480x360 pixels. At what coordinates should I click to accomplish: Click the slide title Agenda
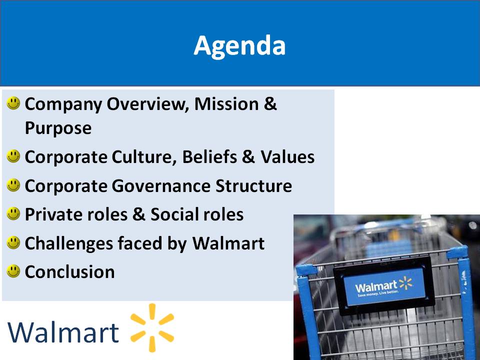click(x=239, y=46)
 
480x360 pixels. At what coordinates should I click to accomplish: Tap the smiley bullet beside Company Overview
click(x=13, y=103)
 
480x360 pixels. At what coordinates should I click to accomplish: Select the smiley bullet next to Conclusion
click(x=13, y=271)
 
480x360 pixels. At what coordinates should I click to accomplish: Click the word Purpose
click(x=58, y=128)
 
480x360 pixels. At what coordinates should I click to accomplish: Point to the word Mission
click(x=226, y=104)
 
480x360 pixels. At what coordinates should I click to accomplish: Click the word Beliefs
click(x=209, y=156)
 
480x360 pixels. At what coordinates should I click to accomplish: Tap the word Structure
click(x=254, y=186)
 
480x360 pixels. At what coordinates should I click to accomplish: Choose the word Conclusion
click(x=70, y=272)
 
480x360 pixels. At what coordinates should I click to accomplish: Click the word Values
click(x=287, y=156)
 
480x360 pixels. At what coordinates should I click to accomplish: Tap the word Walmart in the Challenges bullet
click(x=228, y=243)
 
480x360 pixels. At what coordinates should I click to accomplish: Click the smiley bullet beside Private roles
click(x=13, y=213)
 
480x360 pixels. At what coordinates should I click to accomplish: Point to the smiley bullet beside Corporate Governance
click(x=13, y=185)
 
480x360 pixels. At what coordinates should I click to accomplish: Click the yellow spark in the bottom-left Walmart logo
click(x=152, y=327)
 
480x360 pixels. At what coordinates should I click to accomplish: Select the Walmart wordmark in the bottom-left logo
click(x=63, y=332)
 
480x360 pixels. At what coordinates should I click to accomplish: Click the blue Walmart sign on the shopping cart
click(x=384, y=287)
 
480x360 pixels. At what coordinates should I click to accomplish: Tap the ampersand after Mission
click(x=270, y=104)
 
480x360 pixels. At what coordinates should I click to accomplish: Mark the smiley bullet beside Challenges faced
click(x=13, y=243)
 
